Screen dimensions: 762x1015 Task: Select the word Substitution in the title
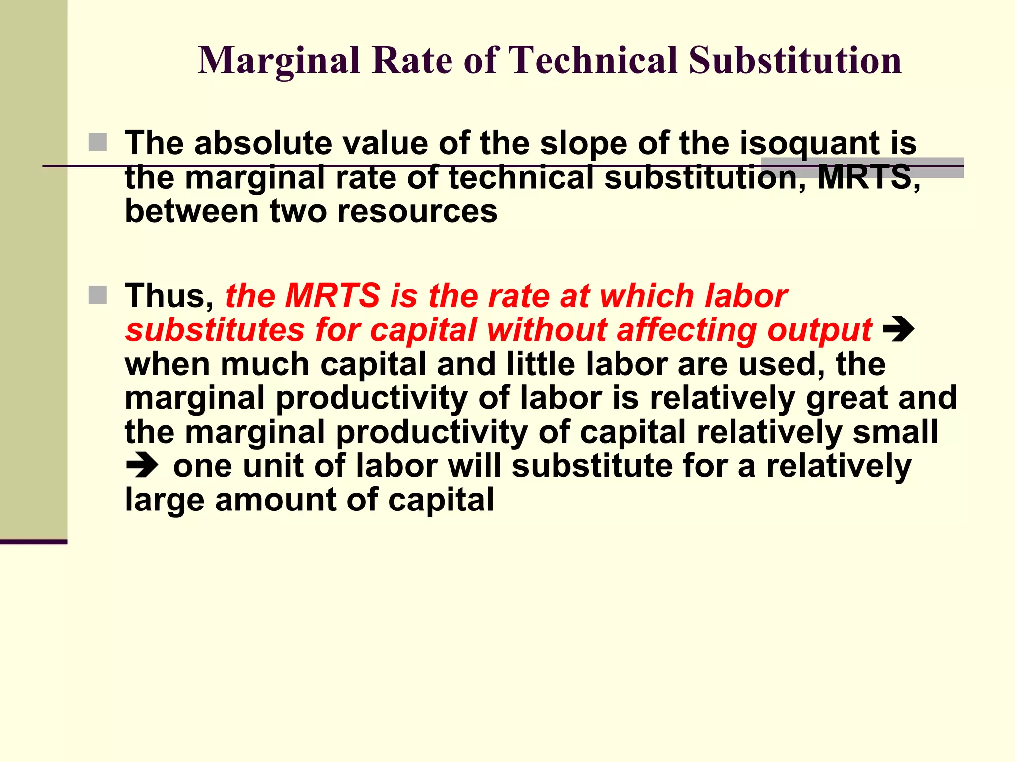pos(795,61)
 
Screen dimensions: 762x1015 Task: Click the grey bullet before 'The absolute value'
pos(98,142)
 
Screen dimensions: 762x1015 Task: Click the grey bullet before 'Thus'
pos(98,295)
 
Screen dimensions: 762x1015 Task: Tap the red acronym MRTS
pos(333,296)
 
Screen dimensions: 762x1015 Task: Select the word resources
pos(417,211)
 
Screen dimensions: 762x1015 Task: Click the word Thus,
pos(169,296)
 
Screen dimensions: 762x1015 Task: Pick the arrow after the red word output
pos(899,330)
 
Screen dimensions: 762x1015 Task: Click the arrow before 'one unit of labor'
pos(142,466)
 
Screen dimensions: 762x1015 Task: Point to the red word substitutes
pos(215,330)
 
